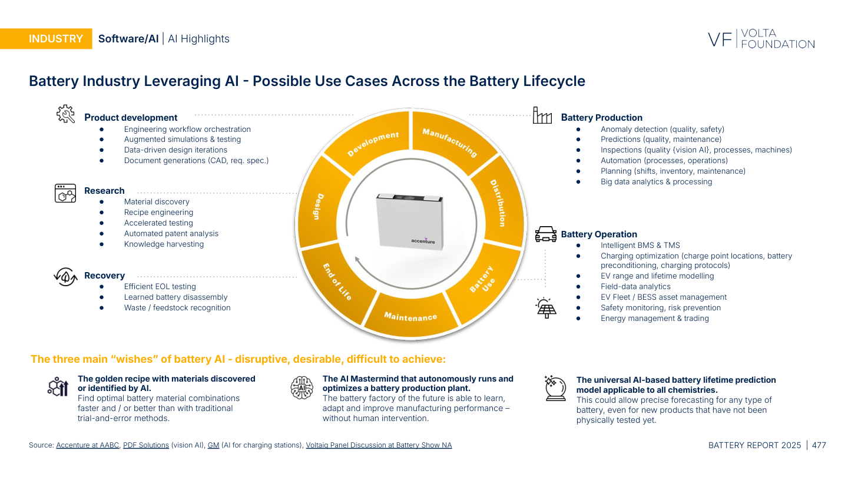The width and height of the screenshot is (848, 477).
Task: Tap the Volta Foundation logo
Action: click(761, 39)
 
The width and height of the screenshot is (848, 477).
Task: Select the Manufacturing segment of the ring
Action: click(449, 142)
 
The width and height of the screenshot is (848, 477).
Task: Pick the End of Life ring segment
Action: click(336, 282)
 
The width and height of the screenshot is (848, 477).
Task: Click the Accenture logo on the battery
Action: click(423, 241)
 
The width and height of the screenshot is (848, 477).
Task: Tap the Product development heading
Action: click(131, 118)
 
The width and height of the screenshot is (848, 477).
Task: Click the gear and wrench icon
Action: click(65, 114)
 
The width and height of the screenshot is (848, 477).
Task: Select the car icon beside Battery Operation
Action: click(545, 234)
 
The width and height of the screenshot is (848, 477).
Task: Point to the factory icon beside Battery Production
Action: click(542, 115)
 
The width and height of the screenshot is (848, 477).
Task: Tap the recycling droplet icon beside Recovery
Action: click(65, 276)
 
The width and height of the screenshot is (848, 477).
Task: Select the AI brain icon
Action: click(302, 387)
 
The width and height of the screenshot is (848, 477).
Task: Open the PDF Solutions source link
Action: click(145, 445)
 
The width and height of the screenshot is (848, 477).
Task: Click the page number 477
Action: click(819, 445)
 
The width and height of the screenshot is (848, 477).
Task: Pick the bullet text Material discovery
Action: click(157, 202)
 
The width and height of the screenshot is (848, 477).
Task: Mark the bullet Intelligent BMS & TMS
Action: click(640, 246)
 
